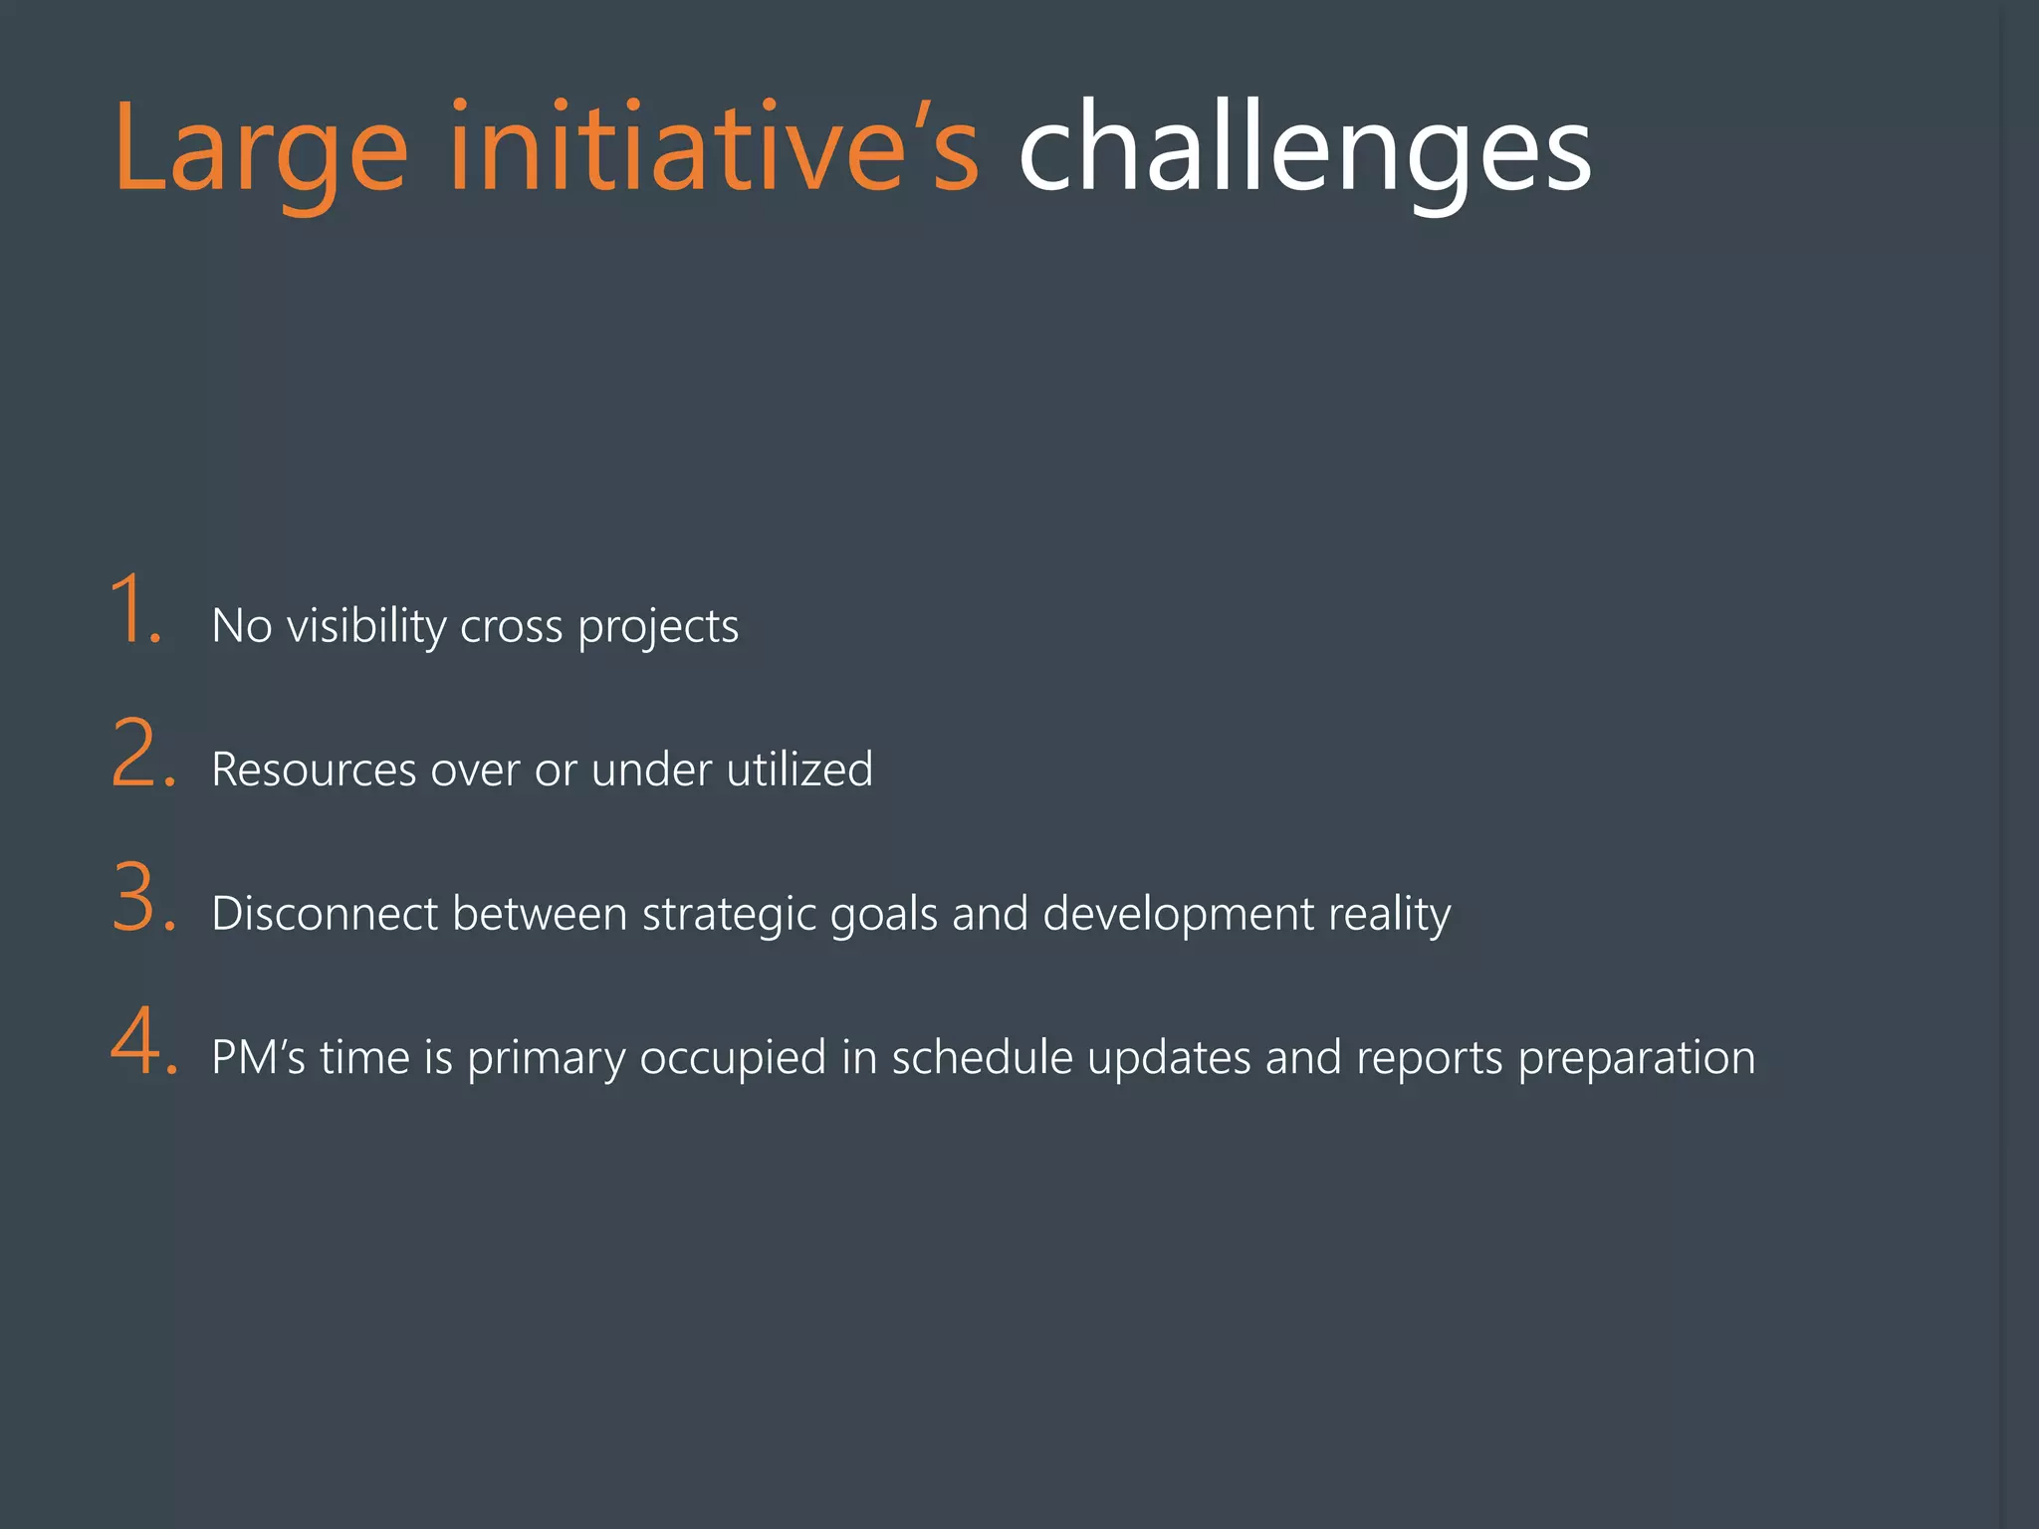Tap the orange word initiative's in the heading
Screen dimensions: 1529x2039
point(714,149)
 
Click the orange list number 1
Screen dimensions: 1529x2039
point(135,609)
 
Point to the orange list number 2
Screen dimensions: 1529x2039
point(142,755)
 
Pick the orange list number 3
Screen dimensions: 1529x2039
point(143,898)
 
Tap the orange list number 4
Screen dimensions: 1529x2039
point(143,1042)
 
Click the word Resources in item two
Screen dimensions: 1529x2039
point(314,770)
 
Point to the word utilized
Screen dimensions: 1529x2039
point(799,770)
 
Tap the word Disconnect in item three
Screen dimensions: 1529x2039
point(325,914)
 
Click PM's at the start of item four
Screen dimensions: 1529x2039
point(258,1057)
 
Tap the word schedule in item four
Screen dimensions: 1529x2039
point(982,1057)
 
